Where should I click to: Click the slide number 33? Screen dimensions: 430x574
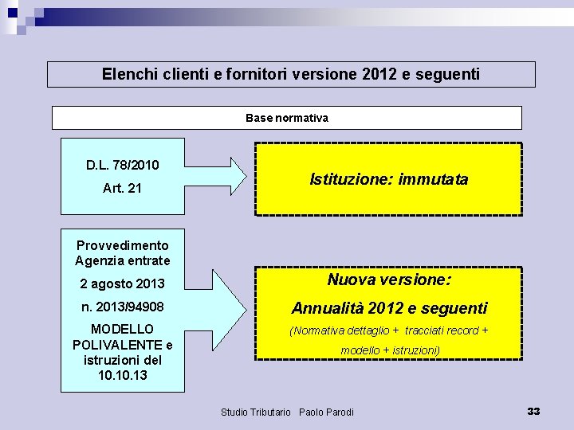tap(533, 411)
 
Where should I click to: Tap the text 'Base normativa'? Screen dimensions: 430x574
tap(287, 118)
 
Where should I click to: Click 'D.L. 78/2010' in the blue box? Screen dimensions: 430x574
tap(123, 166)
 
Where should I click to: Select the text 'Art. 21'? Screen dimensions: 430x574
tap(123, 189)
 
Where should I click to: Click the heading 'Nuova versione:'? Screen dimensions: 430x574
tap(389, 279)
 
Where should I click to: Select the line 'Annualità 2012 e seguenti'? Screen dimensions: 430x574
tap(389, 307)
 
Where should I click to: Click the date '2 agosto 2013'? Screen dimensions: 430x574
tap(123, 283)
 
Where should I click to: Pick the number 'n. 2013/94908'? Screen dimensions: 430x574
tap(123, 307)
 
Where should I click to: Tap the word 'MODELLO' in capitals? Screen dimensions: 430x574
tap(123, 329)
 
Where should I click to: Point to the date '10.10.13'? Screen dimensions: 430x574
tap(123, 374)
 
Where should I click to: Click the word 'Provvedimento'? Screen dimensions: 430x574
tap(123, 245)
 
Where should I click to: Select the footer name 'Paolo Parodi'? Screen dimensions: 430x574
tap(326, 412)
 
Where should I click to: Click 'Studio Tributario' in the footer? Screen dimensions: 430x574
tap(255, 412)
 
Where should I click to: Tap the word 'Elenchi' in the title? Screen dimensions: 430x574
tap(128, 74)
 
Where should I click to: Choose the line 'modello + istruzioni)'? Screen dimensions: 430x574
tap(390, 350)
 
